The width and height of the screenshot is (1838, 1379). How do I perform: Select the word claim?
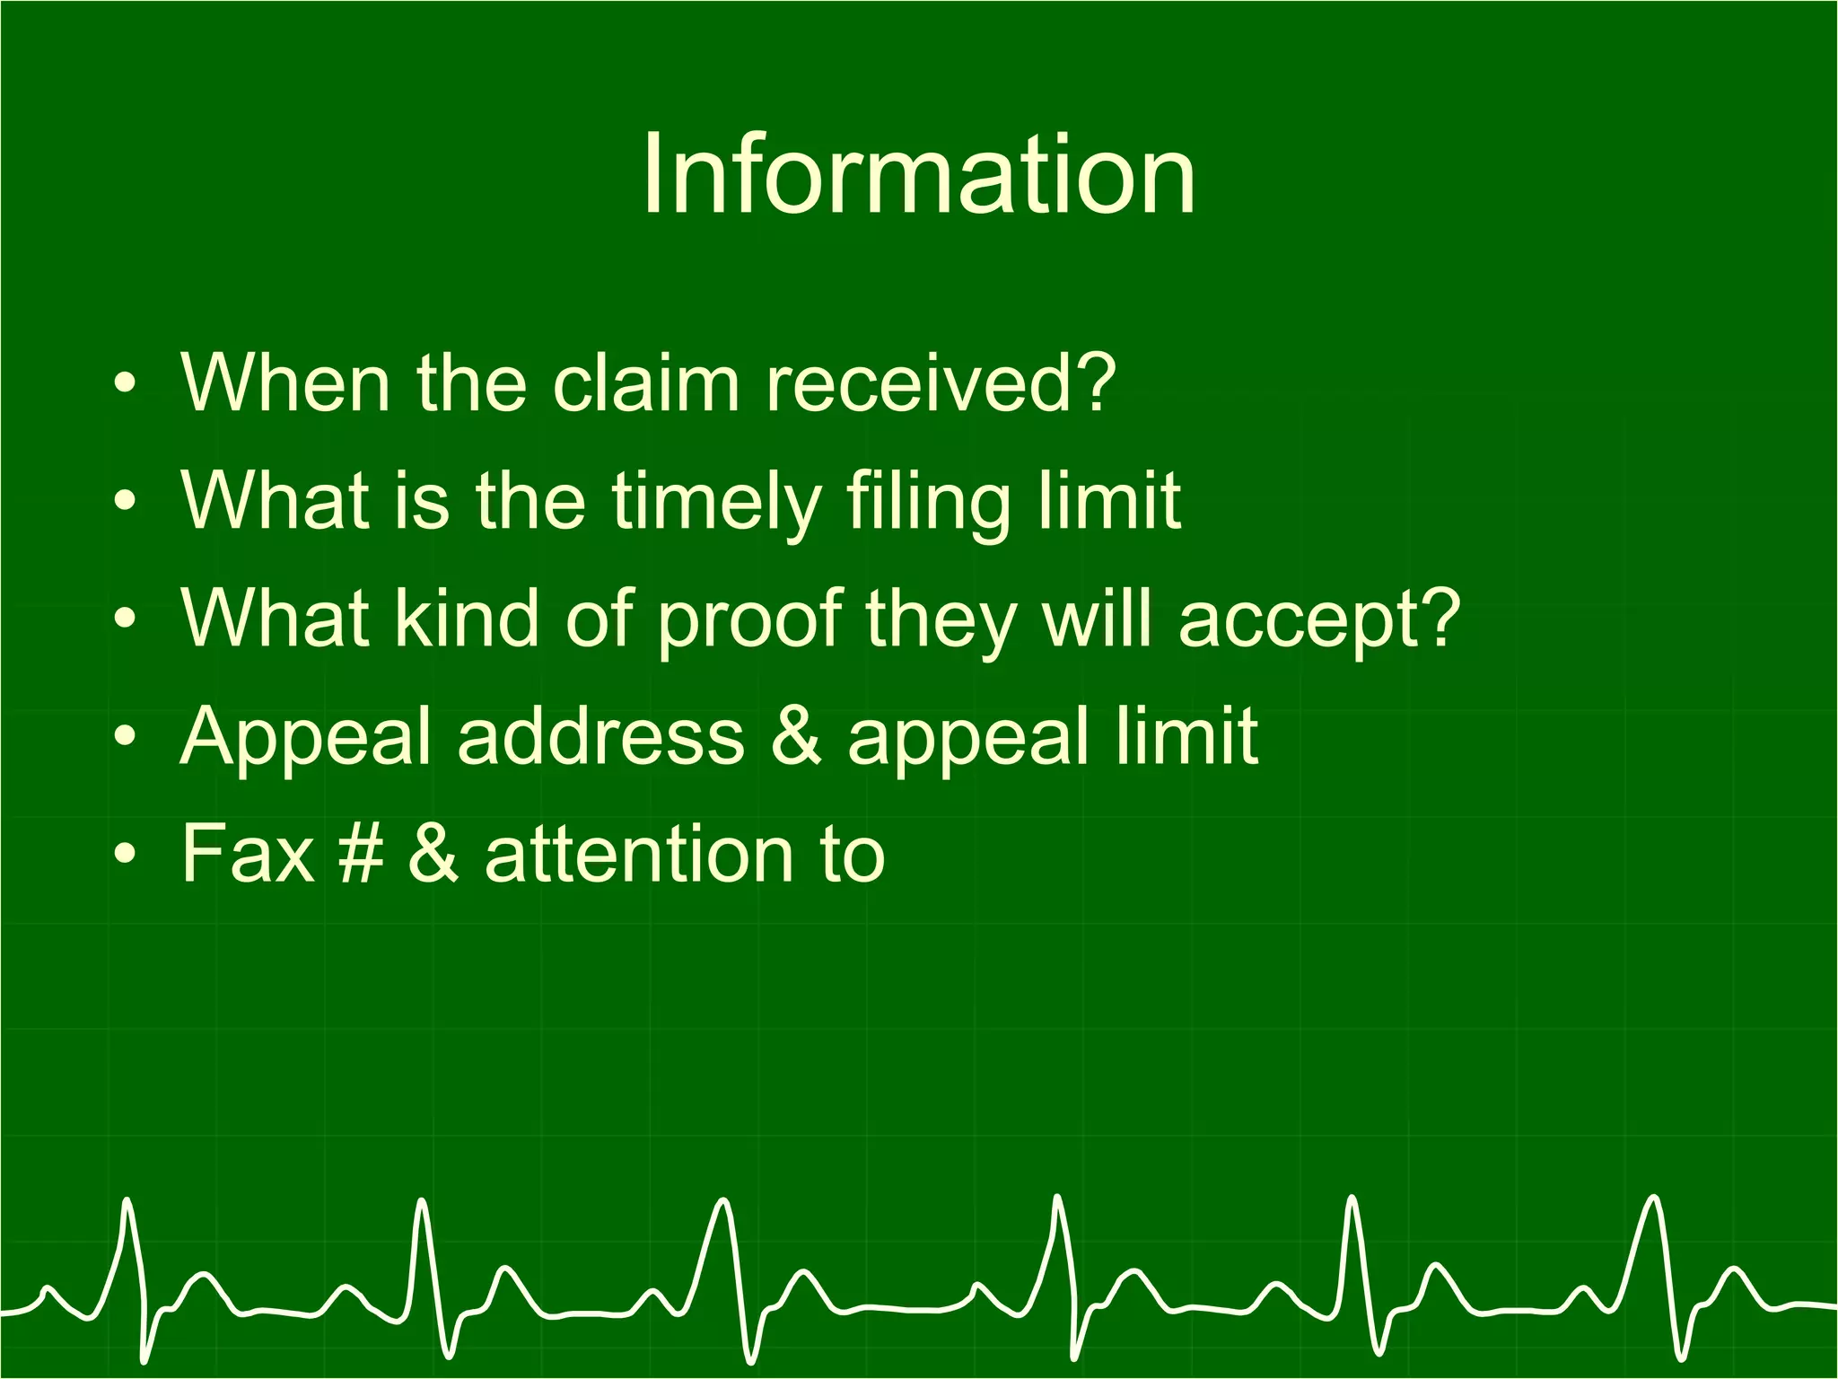(645, 383)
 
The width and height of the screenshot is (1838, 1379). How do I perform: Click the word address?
(600, 736)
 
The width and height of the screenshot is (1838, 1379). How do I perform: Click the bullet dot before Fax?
(126, 854)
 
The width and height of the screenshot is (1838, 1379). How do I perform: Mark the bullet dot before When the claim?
(126, 384)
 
